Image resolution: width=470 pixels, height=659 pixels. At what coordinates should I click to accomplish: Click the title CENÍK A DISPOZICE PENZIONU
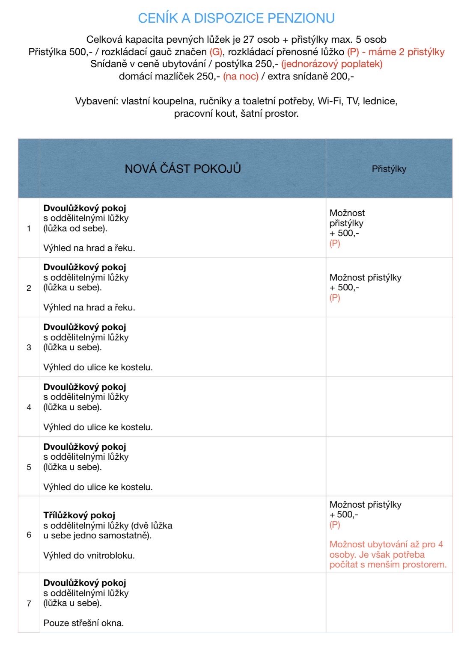[x=236, y=18]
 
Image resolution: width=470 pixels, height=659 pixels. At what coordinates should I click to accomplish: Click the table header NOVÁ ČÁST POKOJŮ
[x=183, y=168]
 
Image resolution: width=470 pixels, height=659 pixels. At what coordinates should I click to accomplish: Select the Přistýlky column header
[x=389, y=169]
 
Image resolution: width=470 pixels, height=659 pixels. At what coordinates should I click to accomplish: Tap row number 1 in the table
[x=29, y=228]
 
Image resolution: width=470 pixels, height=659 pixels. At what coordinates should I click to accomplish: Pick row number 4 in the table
[x=29, y=407]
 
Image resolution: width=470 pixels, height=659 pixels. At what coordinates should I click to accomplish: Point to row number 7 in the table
[x=29, y=603]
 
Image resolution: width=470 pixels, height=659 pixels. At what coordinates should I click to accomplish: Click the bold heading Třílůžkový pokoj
[x=79, y=515]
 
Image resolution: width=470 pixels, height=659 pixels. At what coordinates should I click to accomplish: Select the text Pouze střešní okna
[x=83, y=623]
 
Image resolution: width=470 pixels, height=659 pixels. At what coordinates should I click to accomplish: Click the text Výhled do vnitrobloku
[x=89, y=556]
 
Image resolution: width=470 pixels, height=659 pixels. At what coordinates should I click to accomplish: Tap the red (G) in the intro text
[x=216, y=52]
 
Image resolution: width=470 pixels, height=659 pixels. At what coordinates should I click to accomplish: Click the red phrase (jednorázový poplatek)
[x=332, y=64]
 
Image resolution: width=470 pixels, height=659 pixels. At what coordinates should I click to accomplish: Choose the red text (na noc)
[x=241, y=76]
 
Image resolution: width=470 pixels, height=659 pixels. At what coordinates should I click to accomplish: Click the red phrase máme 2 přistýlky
[x=406, y=52]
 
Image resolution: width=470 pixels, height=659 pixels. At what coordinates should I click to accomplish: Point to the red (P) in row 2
[x=335, y=298]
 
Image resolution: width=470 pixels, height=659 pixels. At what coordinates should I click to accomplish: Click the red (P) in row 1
[x=335, y=243]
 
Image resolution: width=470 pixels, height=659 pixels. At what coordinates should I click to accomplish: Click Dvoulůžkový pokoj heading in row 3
[x=85, y=327]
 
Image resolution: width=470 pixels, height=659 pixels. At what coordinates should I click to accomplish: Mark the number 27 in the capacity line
[x=249, y=39]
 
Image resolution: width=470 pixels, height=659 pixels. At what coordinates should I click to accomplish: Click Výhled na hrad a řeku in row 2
[x=89, y=307]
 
